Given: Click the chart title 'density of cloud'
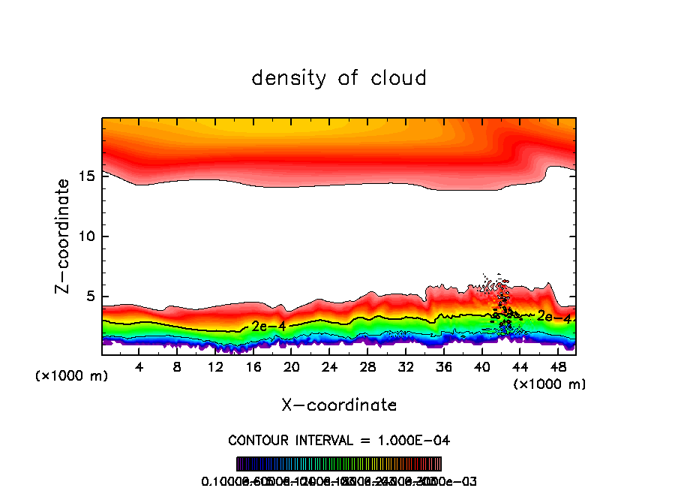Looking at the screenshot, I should point(339,78).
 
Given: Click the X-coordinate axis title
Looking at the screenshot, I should point(339,405).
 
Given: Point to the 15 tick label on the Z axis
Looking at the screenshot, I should point(85,176).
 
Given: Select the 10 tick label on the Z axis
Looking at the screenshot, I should point(85,236).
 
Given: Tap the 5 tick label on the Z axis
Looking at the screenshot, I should point(88,297).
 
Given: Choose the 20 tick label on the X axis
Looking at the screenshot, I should point(292,367).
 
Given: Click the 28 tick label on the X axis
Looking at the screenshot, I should point(367,367).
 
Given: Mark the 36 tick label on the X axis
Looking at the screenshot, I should point(444,367).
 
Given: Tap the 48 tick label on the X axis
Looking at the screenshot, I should point(558,367).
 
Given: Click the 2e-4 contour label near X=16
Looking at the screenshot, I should point(268,326).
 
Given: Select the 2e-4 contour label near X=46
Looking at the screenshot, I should point(554,318).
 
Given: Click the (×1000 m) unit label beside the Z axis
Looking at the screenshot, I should point(72,376).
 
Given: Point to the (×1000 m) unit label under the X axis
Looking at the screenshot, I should point(549,384).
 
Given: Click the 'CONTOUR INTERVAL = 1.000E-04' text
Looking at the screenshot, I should point(339,439).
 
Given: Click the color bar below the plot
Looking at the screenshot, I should point(339,464).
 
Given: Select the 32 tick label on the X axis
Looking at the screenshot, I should point(406,367).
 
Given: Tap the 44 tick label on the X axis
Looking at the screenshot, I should point(520,367).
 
